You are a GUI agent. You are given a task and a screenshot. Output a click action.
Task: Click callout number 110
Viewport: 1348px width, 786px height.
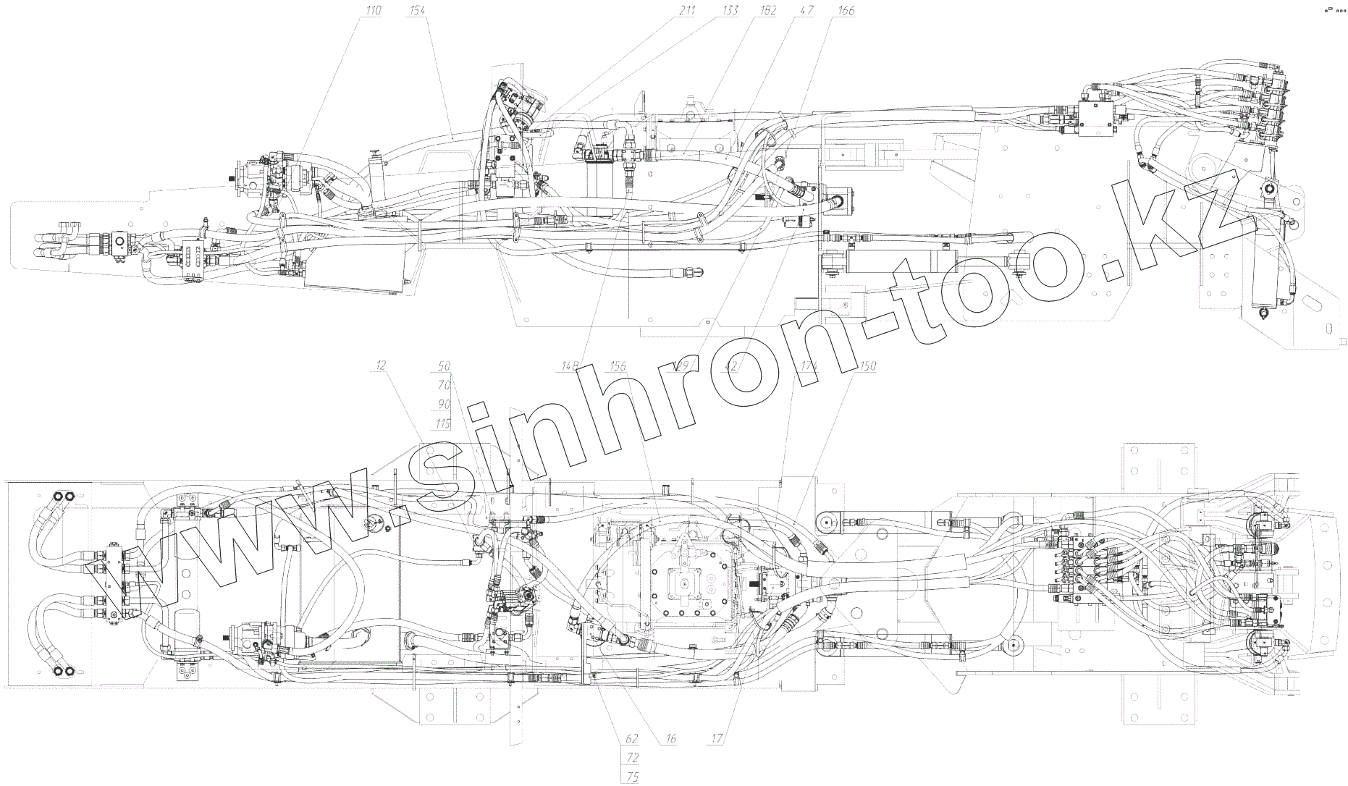click(374, 10)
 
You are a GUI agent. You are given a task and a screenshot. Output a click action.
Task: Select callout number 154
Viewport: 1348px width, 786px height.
click(417, 10)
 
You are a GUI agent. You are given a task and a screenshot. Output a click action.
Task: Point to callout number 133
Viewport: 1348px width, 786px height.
click(731, 10)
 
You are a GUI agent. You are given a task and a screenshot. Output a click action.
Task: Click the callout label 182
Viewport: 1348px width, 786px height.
click(767, 10)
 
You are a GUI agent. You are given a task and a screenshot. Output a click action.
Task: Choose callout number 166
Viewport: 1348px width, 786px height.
click(845, 10)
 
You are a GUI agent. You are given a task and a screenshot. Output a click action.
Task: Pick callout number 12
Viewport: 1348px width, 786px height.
click(380, 366)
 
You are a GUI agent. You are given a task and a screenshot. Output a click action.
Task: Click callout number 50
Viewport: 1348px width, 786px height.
click(444, 366)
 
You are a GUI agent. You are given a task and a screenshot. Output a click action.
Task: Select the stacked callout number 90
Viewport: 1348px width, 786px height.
click(444, 404)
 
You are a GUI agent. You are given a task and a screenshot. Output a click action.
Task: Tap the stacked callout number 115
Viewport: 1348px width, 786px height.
click(442, 423)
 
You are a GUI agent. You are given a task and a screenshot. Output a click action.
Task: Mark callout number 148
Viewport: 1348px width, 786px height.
click(570, 366)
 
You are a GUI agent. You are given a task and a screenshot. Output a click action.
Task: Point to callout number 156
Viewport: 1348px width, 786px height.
click(617, 366)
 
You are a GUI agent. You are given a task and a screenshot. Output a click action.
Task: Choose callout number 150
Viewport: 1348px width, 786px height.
click(867, 366)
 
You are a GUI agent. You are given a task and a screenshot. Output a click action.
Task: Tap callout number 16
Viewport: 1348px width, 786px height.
click(670, 739)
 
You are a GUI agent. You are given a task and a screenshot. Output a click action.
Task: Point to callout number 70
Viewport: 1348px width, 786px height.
click(444, 385)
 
